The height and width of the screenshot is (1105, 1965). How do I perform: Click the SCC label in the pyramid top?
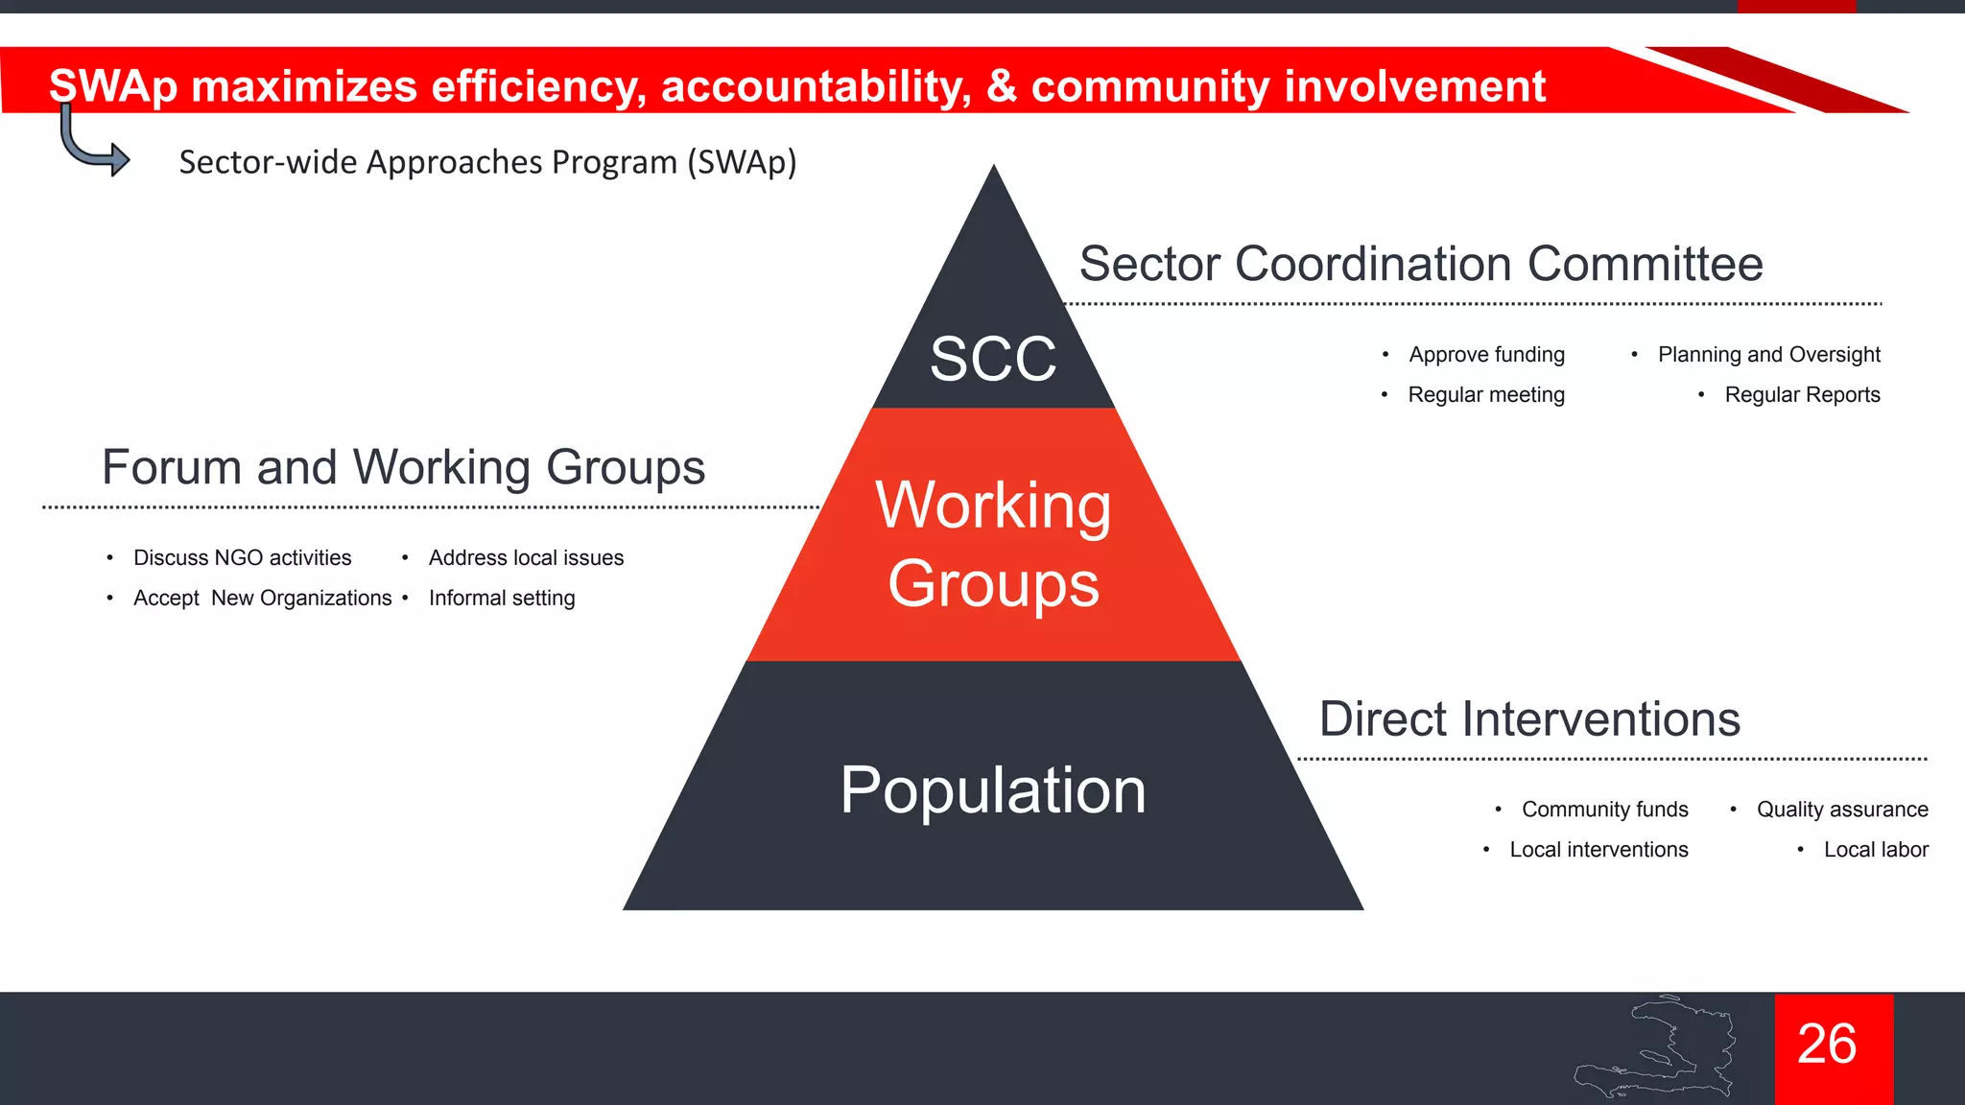pos(993,360)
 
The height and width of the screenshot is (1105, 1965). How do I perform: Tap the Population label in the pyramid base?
pos(993,790)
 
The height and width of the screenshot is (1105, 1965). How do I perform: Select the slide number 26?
pos(1827,1044)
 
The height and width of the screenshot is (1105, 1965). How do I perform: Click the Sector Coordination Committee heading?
pos(1421,264)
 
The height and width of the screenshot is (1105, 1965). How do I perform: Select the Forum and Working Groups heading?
pos(403,467)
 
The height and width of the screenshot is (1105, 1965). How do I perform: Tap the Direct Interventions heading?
pos(1529,718)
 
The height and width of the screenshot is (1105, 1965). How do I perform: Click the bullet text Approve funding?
pos(1486,355)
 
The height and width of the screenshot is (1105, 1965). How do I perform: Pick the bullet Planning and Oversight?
pos(1768,355)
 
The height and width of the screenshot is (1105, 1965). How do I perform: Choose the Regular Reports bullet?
pos(1802,395)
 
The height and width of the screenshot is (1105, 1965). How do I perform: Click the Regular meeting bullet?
pos(1486,395)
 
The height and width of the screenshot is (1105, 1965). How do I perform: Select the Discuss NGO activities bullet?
pos(242,558)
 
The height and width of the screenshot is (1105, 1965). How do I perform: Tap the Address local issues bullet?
pos(526,558)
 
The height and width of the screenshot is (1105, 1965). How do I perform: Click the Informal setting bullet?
pos(502,599)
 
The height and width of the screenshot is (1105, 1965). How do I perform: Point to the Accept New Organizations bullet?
pos(262,599)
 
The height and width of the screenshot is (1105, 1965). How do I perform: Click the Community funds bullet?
pos(1604,810)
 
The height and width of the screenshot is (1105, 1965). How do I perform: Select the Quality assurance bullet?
pos(1842,810)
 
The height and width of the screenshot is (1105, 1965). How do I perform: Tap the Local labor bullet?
pos(1876,850)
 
